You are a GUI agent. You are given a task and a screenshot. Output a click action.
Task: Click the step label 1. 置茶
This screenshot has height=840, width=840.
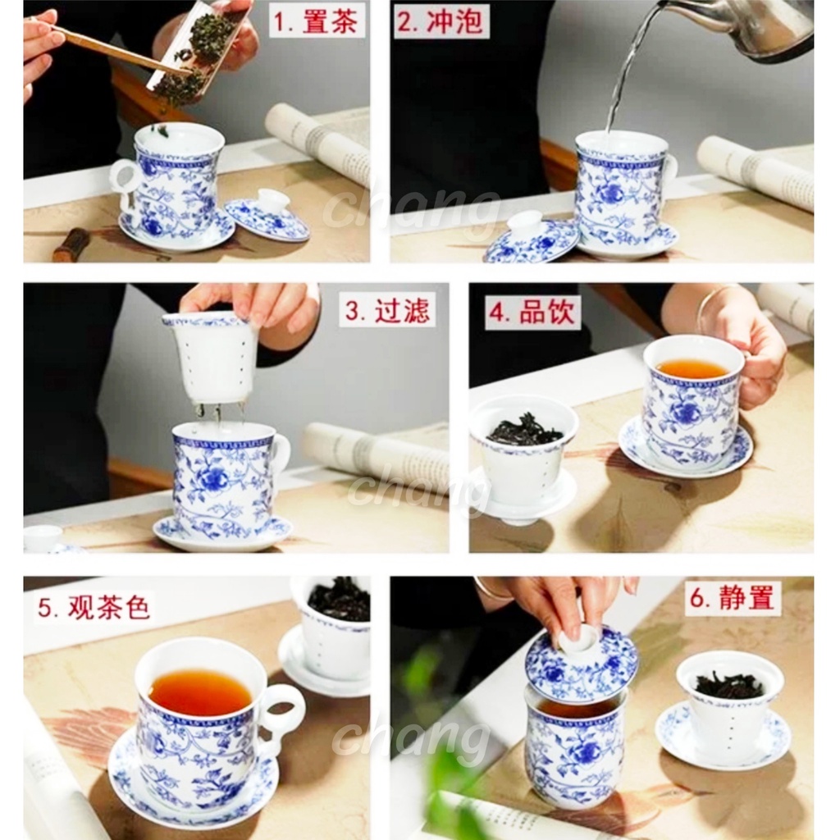pyautogui.click(x=316, y=22)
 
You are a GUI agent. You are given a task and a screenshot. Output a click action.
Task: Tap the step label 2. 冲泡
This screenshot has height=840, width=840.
pyautogui.click(x=441, y=22)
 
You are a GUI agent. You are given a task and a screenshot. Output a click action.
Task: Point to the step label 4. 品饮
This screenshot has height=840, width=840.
pyautogui.click(x=532, y=312)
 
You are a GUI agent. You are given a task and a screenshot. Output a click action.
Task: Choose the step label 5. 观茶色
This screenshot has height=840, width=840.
pyautogui.click(x=94, y=606)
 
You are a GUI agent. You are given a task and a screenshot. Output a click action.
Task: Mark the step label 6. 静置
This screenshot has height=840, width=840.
pyautogui.click(x=732, y=597)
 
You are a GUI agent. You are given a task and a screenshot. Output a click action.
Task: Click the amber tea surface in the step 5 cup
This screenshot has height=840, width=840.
pyautogui.click(x=199, y=690)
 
